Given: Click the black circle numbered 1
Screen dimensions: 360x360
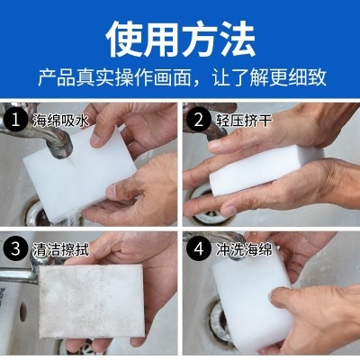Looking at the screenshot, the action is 15,120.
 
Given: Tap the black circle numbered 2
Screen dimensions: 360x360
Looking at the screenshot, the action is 198,120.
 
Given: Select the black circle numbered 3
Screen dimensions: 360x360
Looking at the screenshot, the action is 15,248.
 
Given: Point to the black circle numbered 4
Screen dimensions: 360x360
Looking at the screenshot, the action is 198,248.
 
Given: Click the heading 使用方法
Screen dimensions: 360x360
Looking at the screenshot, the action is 181,40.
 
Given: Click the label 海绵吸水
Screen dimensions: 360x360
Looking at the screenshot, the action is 61,121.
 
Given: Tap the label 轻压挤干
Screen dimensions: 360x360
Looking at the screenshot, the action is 244,121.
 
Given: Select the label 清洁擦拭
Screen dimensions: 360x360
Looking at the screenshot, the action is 61,249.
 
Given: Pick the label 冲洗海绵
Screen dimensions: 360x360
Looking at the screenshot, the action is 244,249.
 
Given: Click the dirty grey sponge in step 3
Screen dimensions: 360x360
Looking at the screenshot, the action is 92,301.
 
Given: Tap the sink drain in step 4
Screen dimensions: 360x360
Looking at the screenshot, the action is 220,322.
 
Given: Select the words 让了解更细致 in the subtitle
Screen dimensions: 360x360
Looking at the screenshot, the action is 269,78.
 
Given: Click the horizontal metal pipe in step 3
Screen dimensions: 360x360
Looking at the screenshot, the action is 19,275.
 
